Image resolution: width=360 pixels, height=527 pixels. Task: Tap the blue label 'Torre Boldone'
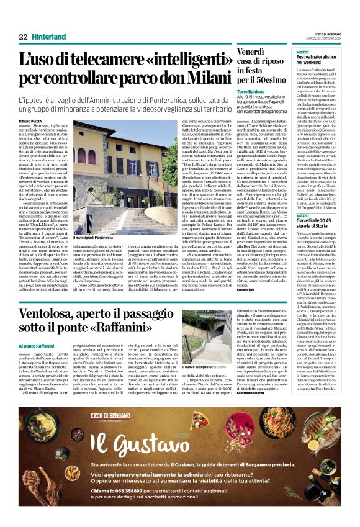251,91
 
